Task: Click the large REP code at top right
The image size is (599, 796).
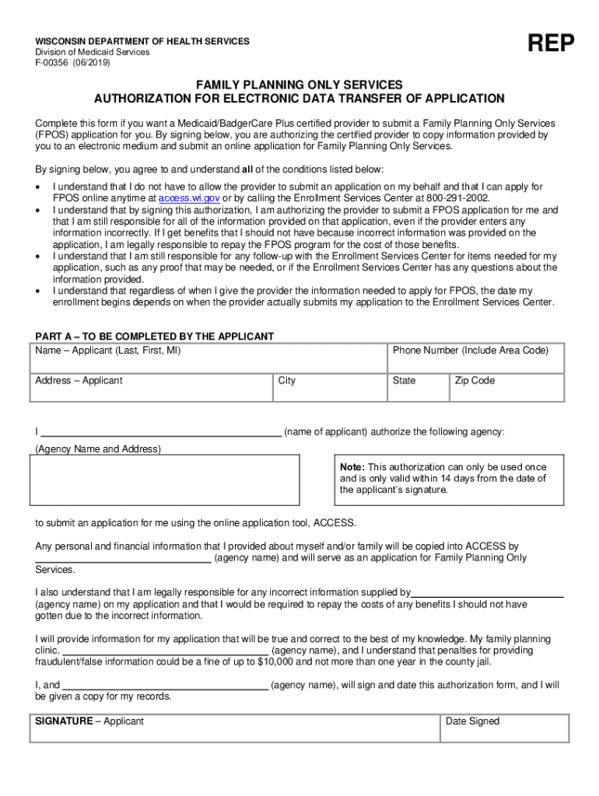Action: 552,45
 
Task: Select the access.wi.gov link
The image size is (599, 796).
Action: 189,198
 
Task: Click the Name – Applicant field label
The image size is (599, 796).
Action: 108,351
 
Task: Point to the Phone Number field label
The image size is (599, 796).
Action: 470,351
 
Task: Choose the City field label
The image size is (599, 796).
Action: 287,381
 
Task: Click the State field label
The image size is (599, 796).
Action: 405,381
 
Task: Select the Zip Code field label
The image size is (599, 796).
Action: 475,381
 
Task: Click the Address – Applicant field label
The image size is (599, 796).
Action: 79,381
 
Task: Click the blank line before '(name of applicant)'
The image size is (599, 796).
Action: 160,433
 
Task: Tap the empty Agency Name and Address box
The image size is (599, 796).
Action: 164,480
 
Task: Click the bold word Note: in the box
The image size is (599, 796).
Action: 353,466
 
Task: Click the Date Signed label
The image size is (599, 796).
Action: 472,721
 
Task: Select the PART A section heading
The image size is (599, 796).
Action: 155,337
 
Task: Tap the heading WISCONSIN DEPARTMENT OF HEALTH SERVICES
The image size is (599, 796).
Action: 142,41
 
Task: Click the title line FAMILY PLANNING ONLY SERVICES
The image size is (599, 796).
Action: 299,84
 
